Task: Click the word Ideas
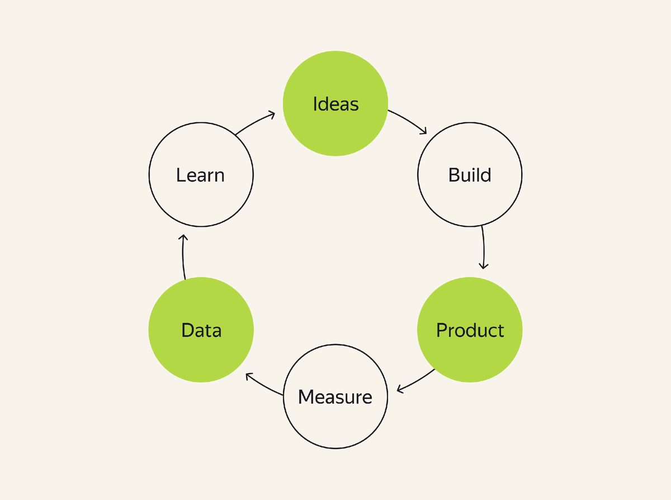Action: [335, 104]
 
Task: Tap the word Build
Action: [470, 175]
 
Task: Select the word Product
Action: [470, 330]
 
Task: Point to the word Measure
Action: [335, 397]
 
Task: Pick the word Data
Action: [201, 330]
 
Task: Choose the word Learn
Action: [200, 175]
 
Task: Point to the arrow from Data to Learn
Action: [183, 257]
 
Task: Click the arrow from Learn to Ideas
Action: [255, 123]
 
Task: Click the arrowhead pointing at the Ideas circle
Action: [272, 115]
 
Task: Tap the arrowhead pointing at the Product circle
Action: [484, 266]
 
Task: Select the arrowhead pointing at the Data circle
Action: [249, 377]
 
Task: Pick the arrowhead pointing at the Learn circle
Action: [183, 237]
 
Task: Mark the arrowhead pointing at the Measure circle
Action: [399, 389]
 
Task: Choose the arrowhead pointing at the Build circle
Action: [424, 132]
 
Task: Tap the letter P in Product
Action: [441, 330]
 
